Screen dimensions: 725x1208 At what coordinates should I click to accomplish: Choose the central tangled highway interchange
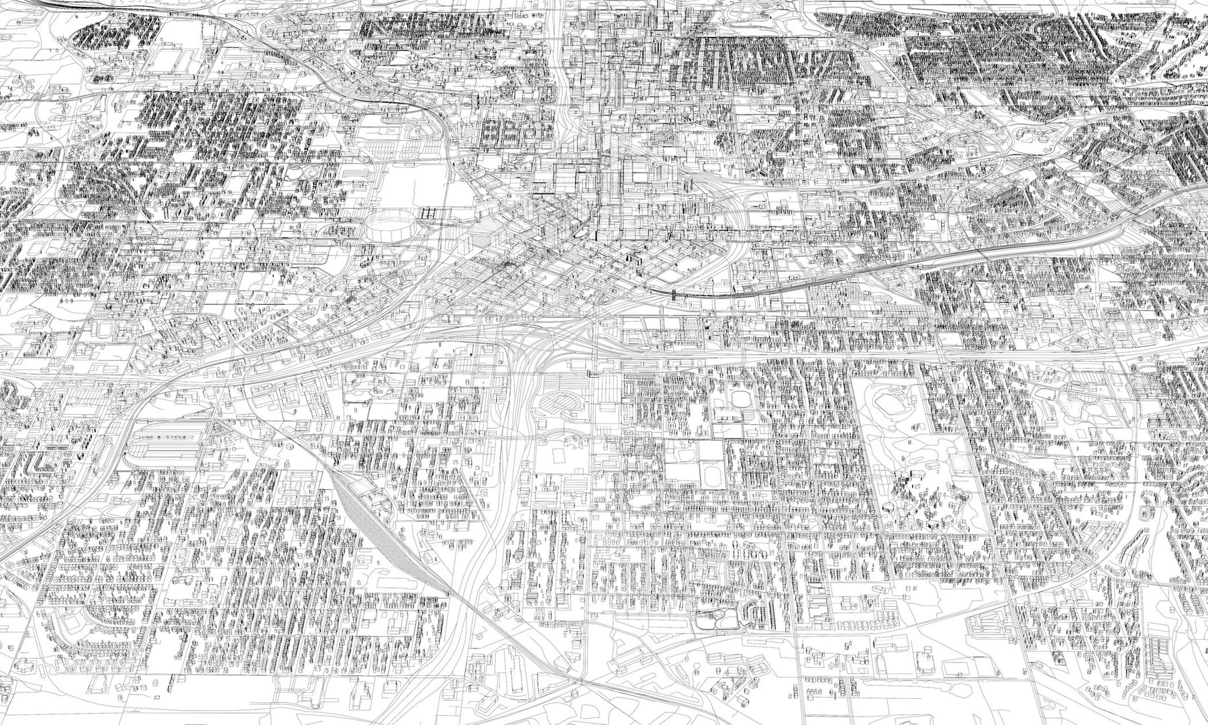(x=537, y=349)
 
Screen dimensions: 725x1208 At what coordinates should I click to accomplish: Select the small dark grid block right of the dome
(x=430, y=213)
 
